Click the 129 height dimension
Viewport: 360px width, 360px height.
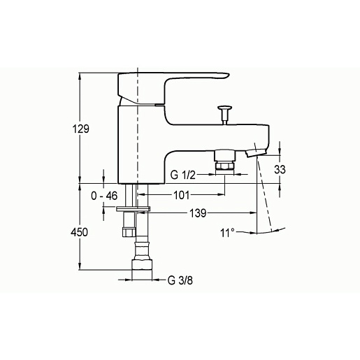click(x=81, y=129)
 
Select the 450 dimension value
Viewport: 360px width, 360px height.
click(x=80, y=232)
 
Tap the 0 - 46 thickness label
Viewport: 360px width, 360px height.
click(x=104, y=196)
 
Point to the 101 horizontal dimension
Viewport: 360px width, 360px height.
click(x=182, y=195)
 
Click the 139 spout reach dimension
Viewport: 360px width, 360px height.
click(x=198, y=213)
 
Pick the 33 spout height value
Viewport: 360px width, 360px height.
click(x=280, y=169)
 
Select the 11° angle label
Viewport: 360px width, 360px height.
click(x=227, y=233)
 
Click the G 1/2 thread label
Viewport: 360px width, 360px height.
click(x=182, y=175)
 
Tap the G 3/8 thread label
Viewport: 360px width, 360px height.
click(x=180, y=280)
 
